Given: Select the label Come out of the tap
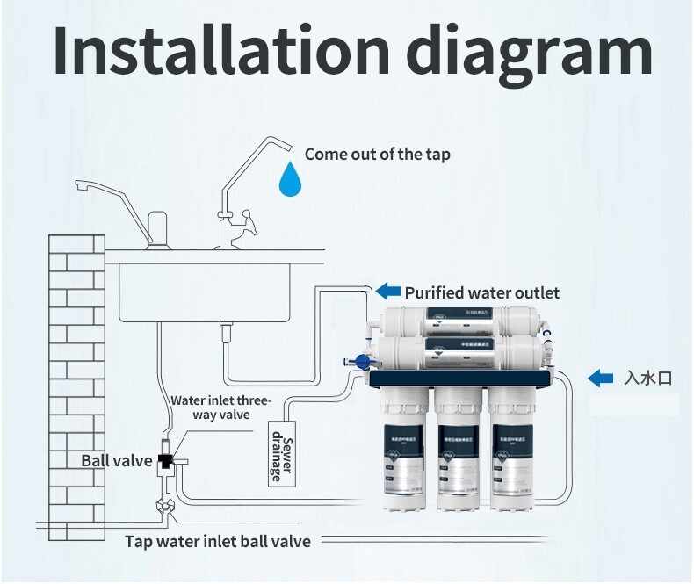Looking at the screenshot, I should [x=377, y=155].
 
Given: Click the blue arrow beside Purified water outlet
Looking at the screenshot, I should [x=387, y=292].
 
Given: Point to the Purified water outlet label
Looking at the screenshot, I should [x=481, y=292].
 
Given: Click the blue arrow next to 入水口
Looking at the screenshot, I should [x=600, y=378].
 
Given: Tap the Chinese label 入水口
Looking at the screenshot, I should [x=647, y=379].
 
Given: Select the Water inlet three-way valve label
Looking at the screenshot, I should [x=220, y=407].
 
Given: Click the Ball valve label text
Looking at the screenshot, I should [x=117, y=460].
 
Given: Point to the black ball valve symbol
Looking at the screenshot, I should [x=165, y=459].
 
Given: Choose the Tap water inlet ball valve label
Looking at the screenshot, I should [x=218, y=541].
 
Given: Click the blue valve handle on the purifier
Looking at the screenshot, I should [x=358, y=361].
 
